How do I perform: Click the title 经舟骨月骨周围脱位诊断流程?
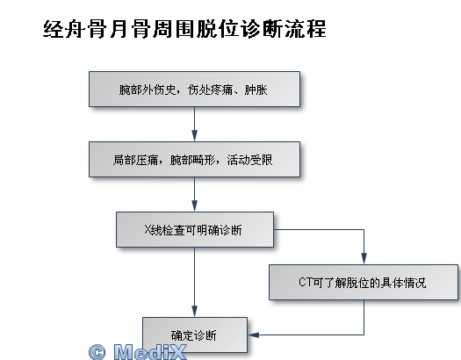(x=184, y=29)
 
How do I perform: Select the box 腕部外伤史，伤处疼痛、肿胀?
(x=194, y=89)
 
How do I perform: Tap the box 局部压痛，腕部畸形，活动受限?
(x=194, y=159)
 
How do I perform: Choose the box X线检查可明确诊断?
(x=195, y=229)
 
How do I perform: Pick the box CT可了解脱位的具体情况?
(x=364, y=282)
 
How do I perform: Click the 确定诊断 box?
(x=195, y=335)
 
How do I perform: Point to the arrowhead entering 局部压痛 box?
(x=194, y=136)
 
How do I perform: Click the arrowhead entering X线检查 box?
(x=194, y=206)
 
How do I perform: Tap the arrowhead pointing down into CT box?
(x=364, y=259)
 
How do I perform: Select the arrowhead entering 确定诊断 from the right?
(x=253, y=335)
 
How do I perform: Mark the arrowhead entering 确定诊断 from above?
(x=194, y=312)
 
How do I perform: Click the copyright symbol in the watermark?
(x=97, y=352)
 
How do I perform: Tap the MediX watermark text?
(x=150, y=352)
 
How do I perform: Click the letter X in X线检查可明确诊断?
(x=148, y=229)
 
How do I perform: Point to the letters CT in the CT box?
(x=305, y=282)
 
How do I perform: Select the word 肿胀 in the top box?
(x=256, y=90)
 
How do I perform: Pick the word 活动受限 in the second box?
(x=249, y=160)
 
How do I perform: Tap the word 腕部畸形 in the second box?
(x=192, y=160)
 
